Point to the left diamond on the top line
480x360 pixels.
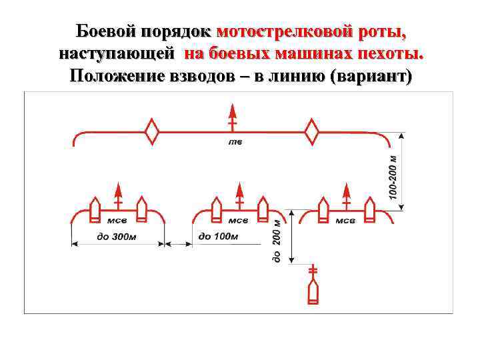click(x=153, y=131)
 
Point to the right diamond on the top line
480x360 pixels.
click(x=311, y=131)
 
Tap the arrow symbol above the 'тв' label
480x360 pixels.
click(x=231, y=117)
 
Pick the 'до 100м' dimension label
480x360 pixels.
click(x=218, y=236)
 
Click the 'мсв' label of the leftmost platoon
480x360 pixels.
click(x=117, y=221)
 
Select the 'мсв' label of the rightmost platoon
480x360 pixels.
click(x=345, y=221)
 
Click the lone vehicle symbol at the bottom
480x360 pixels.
click(x=313, y=291)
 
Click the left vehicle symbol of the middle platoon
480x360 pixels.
click(x=215, y=209)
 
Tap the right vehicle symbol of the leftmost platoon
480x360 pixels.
click(x=141, y=209)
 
